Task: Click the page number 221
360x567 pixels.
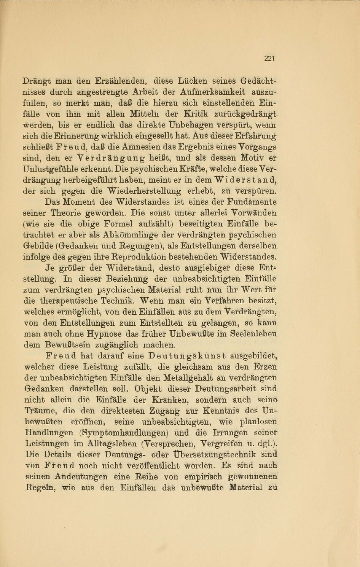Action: tap(269, 58)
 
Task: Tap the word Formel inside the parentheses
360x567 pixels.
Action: tap(116, 224)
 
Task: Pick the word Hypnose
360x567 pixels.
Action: tap(104, 334)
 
